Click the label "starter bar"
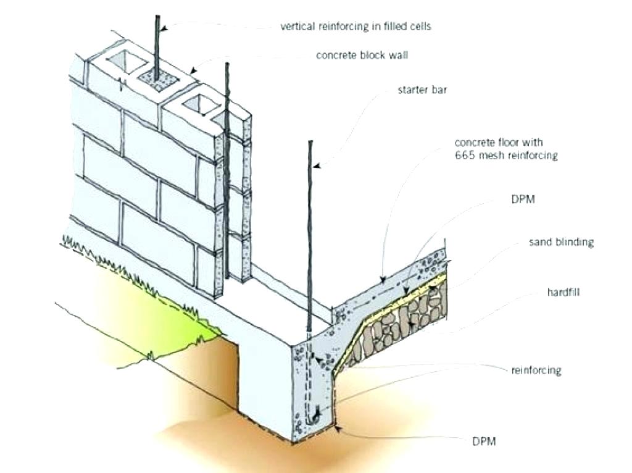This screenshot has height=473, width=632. coord(422,90)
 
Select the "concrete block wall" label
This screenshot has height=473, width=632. coord(362,56)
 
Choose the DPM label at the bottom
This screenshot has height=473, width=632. coord(485,442)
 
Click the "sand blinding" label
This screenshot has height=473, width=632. coord(560,242)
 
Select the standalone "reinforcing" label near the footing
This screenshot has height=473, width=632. coord(536,370)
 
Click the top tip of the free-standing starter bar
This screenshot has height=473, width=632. coord(309,142)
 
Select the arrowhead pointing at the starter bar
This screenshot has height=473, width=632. coord(315,165)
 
